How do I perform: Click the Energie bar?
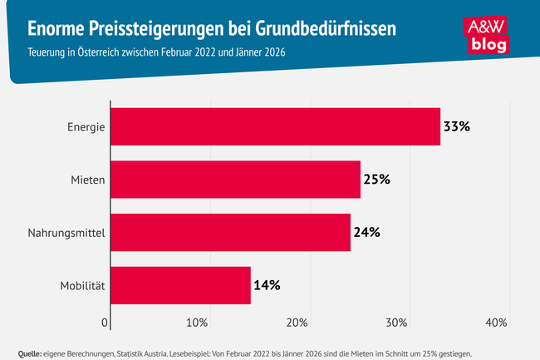coord(275,127)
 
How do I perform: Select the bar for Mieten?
coord(235,180)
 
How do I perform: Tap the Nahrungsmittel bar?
coord(230,233)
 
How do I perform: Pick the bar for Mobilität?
coord(180,285)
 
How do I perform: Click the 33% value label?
coord(457,127)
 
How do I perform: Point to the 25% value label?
coord(376,180)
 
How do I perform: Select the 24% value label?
coord(366,233)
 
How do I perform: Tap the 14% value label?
coord(267,285)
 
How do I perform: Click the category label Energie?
coord(86,127)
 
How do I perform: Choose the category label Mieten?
coord(86,180)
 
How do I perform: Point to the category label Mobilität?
coord(82,285)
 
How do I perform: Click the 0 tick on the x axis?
coord(106,323)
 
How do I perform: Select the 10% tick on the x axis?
coord(197,323)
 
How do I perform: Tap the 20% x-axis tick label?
coord(297,323)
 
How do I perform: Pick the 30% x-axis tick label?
coord(396,323)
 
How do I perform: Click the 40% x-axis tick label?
coord(496,323)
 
